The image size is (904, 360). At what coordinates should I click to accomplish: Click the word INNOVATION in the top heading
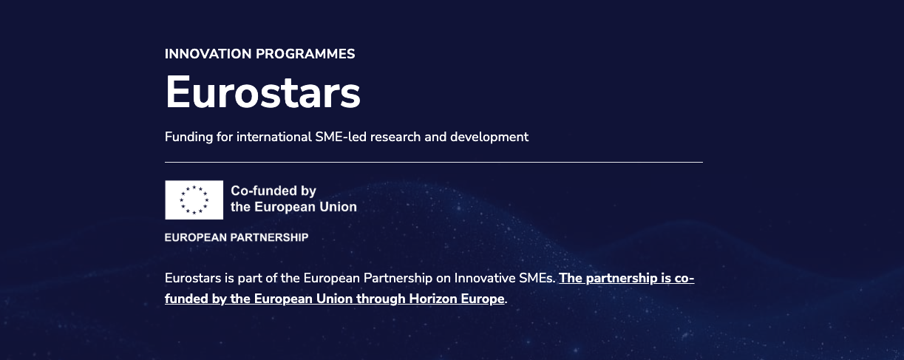click(x=208, y=54)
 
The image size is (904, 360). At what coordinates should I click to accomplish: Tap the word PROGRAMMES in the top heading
click(x=305, y=54)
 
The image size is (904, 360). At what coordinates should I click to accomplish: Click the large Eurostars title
click(x=262, y=92)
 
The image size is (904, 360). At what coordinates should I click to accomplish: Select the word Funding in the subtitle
click(x=188, y=137)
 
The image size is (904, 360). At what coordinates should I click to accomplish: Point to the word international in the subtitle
click(x=274, y=137)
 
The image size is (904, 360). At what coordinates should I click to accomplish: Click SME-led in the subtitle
click(x=341, y=137)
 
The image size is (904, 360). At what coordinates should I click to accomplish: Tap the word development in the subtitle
click(x=489, y=137)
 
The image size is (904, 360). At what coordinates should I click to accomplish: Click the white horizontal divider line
click(x=434, y=162)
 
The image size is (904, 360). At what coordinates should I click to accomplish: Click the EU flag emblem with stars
click(x=194, y=200)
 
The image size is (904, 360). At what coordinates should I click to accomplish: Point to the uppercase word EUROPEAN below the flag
click(x=196, y=237)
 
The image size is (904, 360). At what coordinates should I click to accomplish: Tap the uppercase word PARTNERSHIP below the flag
click(x=269, y=237)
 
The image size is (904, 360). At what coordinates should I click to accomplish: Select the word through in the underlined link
click(x=381, y=299)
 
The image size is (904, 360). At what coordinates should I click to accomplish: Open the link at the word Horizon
click(x=433, y=299)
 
